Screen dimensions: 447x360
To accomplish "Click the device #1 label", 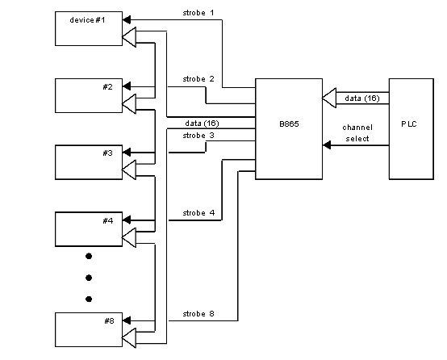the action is click(87, 20).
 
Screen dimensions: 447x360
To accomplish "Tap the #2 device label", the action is click(108, 86).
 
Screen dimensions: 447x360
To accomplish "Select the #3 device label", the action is click(108, 153).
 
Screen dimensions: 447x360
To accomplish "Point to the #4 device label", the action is click(108, 221).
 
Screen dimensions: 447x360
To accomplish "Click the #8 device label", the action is click(109, 321).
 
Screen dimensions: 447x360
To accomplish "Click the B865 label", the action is click(289, 124).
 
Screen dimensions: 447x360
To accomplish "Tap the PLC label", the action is click(409, 124).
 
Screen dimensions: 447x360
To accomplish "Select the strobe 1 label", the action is click(198, 13).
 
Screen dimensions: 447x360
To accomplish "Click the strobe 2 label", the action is click(198, 79).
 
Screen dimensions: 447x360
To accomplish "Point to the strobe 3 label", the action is click(198, 136).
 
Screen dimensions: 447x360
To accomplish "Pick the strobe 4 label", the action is click(198, 213).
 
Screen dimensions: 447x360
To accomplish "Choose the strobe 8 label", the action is click(198, 314).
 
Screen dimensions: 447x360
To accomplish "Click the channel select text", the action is click(357, 133).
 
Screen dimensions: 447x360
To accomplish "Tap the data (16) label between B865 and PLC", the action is click(362, 98).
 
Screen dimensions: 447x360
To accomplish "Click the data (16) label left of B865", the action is click(203, 123).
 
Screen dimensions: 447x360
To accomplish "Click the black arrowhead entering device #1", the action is click(127, 19).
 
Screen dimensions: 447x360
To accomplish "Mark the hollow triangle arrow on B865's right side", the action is click(329, 98).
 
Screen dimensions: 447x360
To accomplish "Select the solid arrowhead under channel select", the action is click(327, 145).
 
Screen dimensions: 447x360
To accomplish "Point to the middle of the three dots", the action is click(89, 278).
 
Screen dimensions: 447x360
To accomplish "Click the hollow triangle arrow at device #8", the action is click(129, 338).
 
